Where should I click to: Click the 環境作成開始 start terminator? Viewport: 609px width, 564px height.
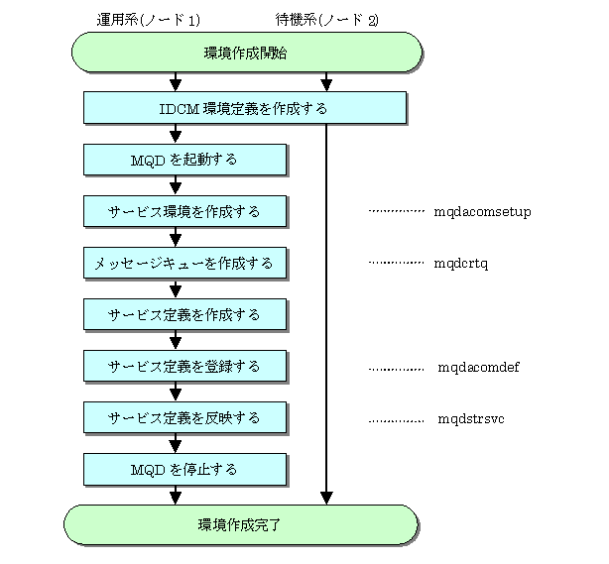[247, 53]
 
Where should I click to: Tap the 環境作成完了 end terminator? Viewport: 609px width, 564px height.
[241, 524]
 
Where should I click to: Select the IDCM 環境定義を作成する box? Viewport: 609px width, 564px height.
[245, 108]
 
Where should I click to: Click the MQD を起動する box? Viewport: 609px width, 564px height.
[184, 160]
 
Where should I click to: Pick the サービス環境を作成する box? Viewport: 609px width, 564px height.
[184, 211]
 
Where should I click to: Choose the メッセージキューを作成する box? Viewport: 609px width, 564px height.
[184, 263]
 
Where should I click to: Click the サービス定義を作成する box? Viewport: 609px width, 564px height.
[184, 314]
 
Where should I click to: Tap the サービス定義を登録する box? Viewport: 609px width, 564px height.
[184, 366]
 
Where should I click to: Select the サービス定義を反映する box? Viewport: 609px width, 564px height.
[184, 417]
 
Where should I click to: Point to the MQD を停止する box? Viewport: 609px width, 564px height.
[184, 469]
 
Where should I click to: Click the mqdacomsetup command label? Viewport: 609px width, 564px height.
[482, 212]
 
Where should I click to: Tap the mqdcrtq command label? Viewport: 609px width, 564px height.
[461, 264]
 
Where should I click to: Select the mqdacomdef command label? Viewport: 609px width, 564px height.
[478, 367]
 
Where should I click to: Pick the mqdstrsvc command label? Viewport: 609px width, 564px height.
[471, 419]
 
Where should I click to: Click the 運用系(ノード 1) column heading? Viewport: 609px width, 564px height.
[149, 20]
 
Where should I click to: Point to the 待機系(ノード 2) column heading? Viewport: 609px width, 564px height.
[327, 20]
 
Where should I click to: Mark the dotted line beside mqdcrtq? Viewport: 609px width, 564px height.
[396, 263]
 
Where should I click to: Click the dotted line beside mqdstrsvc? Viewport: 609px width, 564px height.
[396, 420]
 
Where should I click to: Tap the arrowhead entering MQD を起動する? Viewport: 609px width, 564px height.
[176, 138]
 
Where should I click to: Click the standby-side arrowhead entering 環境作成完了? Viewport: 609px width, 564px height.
[326, 498]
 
